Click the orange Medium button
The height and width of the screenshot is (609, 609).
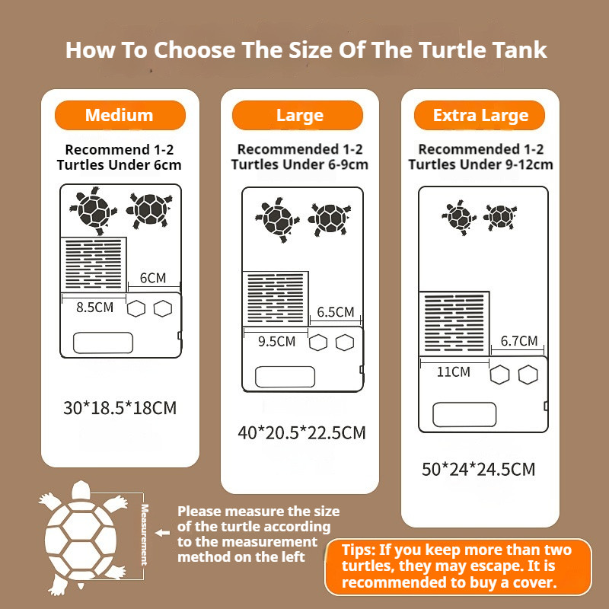[x=120, y=116]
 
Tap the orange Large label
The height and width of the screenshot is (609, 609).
[x=298, y=116]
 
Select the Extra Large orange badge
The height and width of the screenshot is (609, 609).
[x=480, y=116]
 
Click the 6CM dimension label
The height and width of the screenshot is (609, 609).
[x=153, y=278]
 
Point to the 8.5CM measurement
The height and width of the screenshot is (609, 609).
[x=94, y=308]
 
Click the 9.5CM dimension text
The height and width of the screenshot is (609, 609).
[x=276, y=341]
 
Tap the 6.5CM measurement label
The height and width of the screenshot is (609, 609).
[x=336, y=312]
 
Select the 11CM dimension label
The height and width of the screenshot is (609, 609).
[x=453, y=372]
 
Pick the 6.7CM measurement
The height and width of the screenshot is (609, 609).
[x=519, y=341]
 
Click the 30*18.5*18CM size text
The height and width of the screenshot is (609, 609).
[x=120, y=408]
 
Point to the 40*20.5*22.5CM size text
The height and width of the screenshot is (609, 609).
[x=301, y=432]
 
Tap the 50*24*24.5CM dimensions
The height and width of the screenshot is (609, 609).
[x=479, y=469]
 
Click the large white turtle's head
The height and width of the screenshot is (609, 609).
[x=81, y=490]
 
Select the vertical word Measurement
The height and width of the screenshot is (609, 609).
[x=145, y=534]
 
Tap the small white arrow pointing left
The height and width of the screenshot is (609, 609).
[x=162, y=534]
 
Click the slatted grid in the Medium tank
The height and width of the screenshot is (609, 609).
[x=94, y=264]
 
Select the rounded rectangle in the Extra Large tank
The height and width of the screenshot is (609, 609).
[x=464, y=415]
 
